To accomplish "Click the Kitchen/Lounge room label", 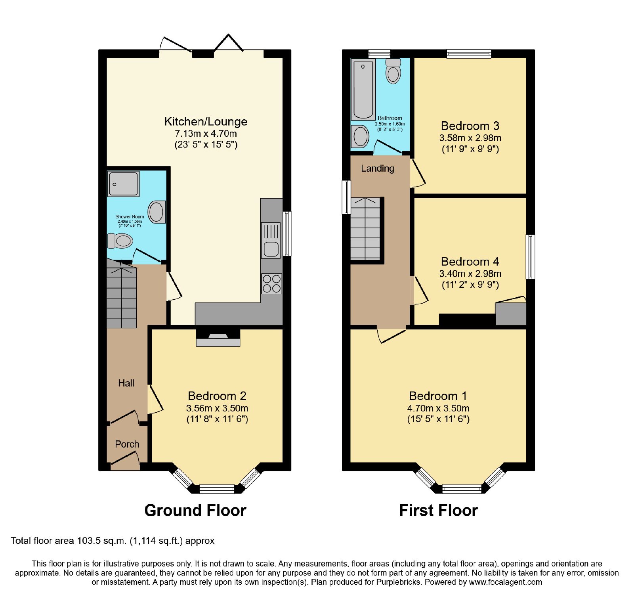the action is [206, 122].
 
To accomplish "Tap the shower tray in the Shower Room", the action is [123, 184].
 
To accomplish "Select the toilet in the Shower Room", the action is [120, 241].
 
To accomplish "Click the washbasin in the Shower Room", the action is [157, 212].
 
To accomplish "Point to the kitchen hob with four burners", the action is [271, 283].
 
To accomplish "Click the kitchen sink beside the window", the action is [271, 240].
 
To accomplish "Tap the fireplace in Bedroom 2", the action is [218, 338].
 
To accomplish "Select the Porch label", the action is [127, 444].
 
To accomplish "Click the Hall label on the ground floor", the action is [126, 383].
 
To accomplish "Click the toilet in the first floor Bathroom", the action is [393, 71].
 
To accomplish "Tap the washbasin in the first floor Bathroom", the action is [360, 136].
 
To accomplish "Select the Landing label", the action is [378, 168].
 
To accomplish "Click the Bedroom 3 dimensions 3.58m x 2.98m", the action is [470, 138].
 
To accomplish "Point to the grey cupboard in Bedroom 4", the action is [511, 314].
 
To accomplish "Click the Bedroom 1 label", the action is [438, 396].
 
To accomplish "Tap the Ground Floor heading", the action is [195, 510].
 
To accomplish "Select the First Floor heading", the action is [438, 510].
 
